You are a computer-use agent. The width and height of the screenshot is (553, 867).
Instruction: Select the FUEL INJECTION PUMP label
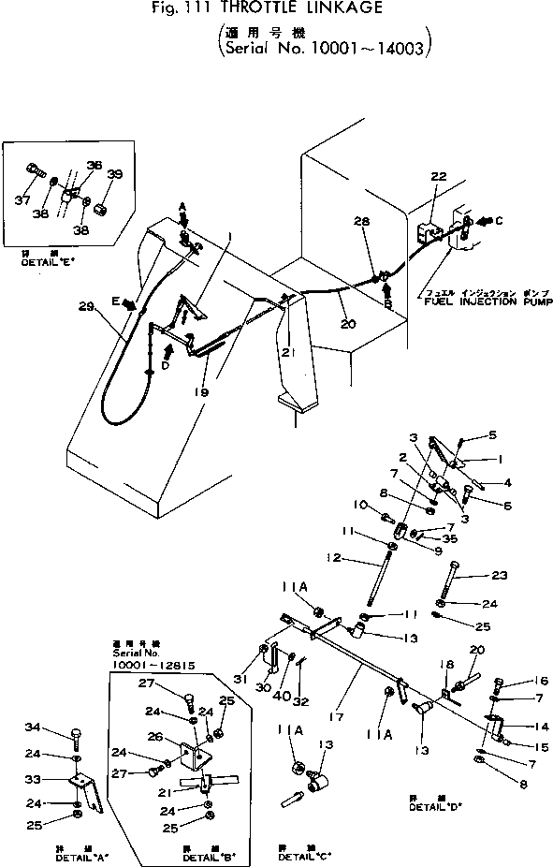pyautogui.click(x=488, y=303)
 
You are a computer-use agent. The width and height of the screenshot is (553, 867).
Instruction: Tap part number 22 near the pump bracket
pyautogui.click(x=439, y=176)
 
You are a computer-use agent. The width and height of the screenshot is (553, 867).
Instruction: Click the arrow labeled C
pyautogui.click(x=488, y=221)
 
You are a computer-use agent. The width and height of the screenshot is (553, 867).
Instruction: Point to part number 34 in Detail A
pyautogui.click(x=58, y=727)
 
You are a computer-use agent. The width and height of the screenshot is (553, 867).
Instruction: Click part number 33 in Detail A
pyautogui.click(x=59, y=779)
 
